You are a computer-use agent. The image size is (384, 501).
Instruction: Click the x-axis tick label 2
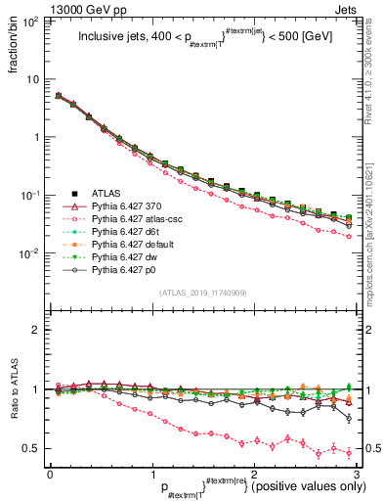(254, 473)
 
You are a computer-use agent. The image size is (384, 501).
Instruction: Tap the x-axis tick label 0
(50, 473)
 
